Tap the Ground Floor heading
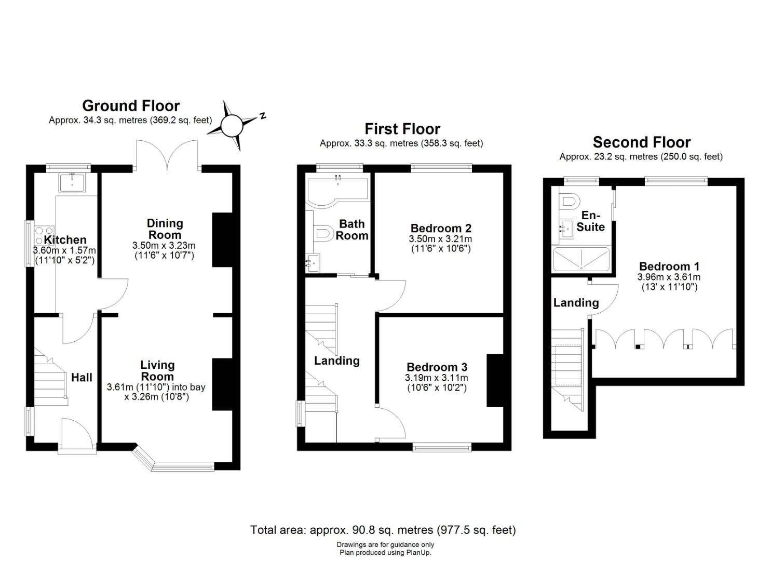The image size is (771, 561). tap(131, 106)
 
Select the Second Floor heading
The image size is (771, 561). tap(642, 142)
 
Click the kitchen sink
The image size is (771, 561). tap(72, 183)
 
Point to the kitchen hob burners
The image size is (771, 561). tap(45, 235)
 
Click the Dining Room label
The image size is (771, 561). tap(165, 229)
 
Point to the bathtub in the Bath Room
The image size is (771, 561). tap(337, 191)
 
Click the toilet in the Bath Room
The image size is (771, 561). tap(323, 233)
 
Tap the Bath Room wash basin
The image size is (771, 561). tap(313, 263)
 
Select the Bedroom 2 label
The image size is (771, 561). tap(441, 228)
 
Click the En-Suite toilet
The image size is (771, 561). tap(569, 201)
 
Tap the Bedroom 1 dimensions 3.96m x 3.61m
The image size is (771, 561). tap(669, 277)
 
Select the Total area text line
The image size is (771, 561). tap(383, 530)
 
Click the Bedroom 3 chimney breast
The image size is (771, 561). tap(495, 381)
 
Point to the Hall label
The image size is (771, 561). tap(82, 378)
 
